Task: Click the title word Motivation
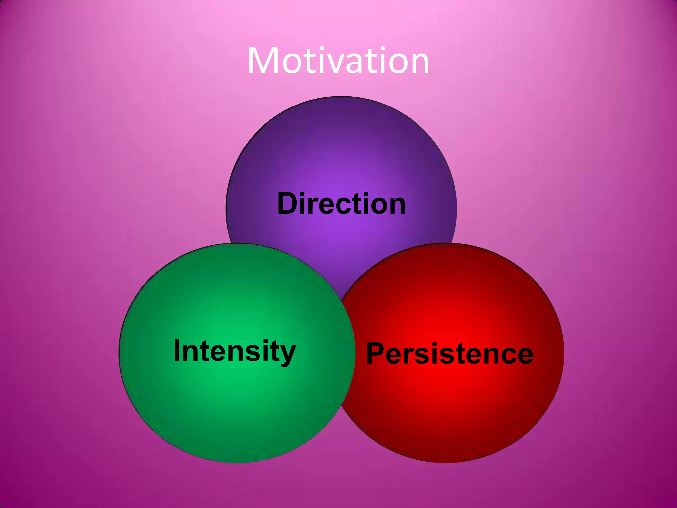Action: coord(338,61)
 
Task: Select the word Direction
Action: coord(341,204)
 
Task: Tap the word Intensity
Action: coord(234,351)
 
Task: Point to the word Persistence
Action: coord(450,354)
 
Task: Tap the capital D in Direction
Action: coord(288,204)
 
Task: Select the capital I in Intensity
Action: coord(178,351)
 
